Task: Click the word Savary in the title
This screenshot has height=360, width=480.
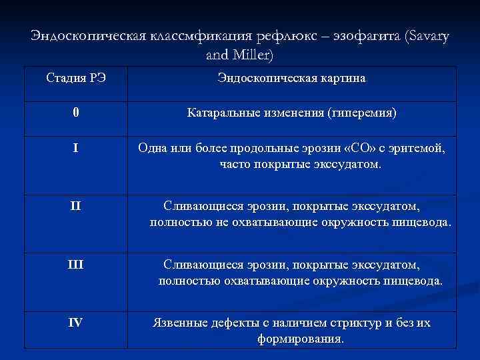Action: pos(427,37)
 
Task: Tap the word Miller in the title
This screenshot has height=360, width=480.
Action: pos(250,54)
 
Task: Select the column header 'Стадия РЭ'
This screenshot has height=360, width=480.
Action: pos(76,79)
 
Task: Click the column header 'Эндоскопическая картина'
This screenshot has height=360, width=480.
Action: pos(291,79)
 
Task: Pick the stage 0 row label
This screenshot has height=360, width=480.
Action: pos(76,113)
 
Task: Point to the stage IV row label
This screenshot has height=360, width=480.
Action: pos(75,322)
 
